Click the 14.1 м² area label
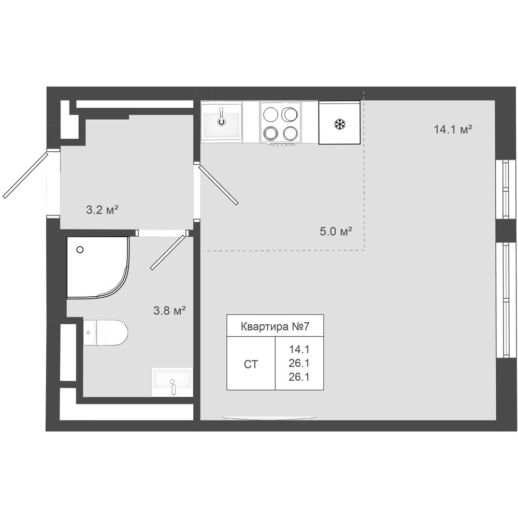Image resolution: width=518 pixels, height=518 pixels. (x=453, y=129)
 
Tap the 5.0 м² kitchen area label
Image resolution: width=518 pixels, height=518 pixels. (x=336, y=231)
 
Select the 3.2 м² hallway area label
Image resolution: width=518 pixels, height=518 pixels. (x=102, y=210)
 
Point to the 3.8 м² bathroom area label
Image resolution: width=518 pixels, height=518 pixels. (x=169, y=310)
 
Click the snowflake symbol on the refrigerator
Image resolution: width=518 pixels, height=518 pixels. (x=340, y=124)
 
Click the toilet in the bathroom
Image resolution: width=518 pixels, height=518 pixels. (x=105, y=333)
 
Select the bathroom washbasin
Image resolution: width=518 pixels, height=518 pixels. (x=172, y=382)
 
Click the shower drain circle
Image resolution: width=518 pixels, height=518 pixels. (x=80, y=250)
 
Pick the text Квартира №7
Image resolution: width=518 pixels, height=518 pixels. (x=275, y=326)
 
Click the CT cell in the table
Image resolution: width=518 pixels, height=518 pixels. (x=251, y=364)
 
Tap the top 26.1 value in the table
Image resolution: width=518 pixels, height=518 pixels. (x=299, y=363)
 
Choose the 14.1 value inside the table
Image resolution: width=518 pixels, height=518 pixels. (x=299, y=349)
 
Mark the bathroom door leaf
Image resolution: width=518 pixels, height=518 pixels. (x=167, y=252)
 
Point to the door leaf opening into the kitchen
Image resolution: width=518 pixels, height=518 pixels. (x=219, y=185)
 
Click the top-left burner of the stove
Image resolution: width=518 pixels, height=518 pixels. (x=270, y=114)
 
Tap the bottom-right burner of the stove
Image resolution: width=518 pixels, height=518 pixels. (x=291, y=134)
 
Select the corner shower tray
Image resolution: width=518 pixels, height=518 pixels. (x=98, y=268)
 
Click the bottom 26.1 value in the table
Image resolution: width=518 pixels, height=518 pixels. (x=299, y=377)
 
